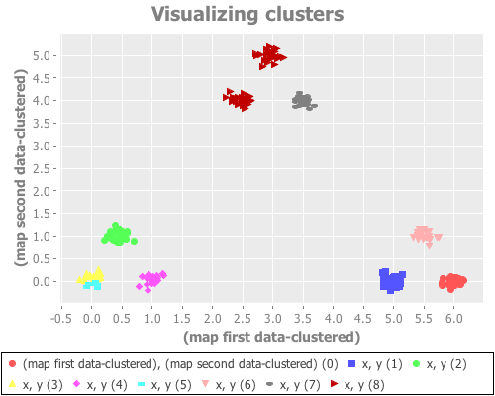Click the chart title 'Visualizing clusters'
(x=247, y=15)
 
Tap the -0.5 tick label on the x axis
(x=61, y=319)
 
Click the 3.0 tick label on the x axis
(x=273, y=319)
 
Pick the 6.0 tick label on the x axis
(x=454, y=319)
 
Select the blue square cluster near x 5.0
(x=393, y=281)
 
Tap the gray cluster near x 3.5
(x=303, y=100)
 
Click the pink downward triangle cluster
(x=424, y=235)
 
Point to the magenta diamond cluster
(x=150, y=280)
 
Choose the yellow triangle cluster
(x=92, y=277)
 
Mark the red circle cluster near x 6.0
(x=452, y=282)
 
